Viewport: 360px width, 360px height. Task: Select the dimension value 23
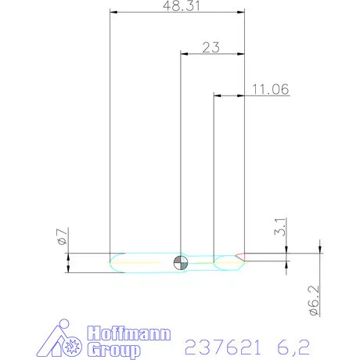[211, 48]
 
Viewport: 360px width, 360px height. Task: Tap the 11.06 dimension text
[271, 90]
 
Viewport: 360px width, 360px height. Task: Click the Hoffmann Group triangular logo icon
[60, 340]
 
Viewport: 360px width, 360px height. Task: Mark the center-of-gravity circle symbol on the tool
[181, 261]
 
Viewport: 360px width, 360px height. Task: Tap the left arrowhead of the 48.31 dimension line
[114, 12]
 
